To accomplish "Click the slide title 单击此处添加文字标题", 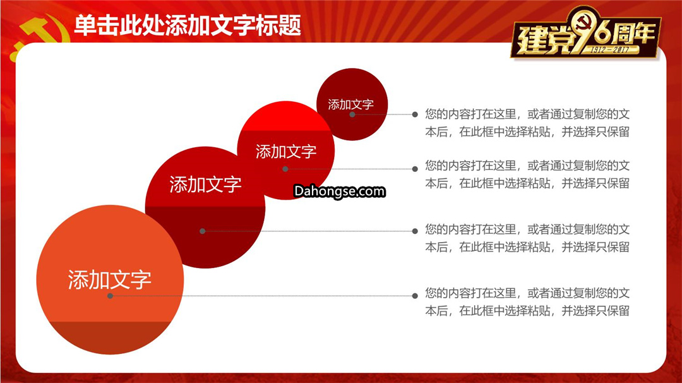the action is click(x=188, y=25).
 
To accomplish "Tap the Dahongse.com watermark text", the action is click(x=339, y=191).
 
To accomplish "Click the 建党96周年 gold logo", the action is click(x=585, y=33).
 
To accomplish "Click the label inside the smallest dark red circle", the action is click(x=351, y=104).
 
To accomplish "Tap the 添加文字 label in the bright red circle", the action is click(x=286, y=152).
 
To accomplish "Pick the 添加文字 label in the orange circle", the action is click(x=110, y=279).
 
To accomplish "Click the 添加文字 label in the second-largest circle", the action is click(x=205, y=185).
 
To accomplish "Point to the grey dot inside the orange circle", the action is click(x=110, y=296).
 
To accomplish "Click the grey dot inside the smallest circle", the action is click(x=352, y=114).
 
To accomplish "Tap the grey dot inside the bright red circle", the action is click(x=285, y=169).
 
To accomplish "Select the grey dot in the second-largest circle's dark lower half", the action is click(x=202, y=231).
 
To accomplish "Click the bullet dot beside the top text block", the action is click(x=415, y=114).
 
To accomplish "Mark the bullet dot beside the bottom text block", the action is click(x=415, y=296).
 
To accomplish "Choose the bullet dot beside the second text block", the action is click(x=415, y=169).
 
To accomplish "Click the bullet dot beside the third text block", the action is click(x=415, y=231).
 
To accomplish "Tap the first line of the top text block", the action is click(x=527, y=114).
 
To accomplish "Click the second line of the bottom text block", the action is click(x=527, y=310).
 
